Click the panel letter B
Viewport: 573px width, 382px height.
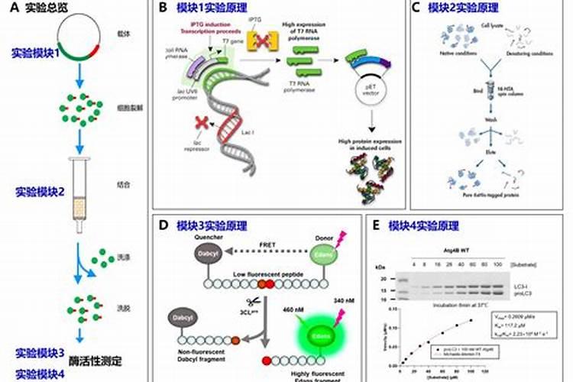point(162,8)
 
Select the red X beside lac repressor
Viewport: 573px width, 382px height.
point(202,123)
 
